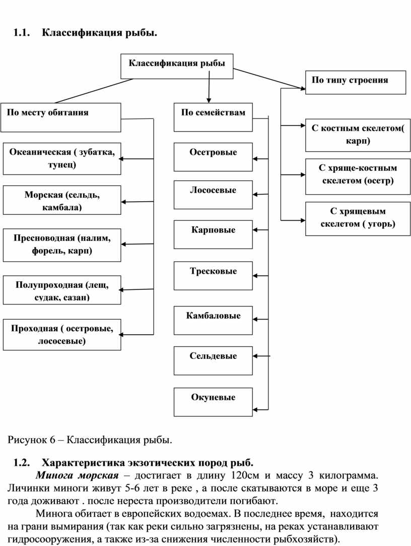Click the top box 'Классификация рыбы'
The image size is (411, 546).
point(177,66)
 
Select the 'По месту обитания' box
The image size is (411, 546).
point(60,117)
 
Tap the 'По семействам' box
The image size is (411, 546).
point(213,117)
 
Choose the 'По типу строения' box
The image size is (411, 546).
point(356,82)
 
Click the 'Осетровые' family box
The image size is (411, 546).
point(213,157)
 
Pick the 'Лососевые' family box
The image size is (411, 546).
point(213,195)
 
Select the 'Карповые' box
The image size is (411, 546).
point(213,234)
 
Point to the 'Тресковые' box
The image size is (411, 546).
point(213,276)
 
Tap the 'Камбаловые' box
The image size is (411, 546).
point(213,320)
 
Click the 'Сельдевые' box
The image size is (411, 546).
point(213,360)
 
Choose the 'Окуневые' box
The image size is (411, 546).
point(213,402)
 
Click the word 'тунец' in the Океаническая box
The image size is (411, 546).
point(62,165)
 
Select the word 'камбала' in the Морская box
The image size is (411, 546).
point(60,208)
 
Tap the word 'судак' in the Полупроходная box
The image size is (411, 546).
point(47,298)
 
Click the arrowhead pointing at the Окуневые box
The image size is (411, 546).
point(255,409)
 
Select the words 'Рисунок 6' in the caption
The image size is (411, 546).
point(32,440)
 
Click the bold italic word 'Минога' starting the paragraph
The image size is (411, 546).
point(54,475)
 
